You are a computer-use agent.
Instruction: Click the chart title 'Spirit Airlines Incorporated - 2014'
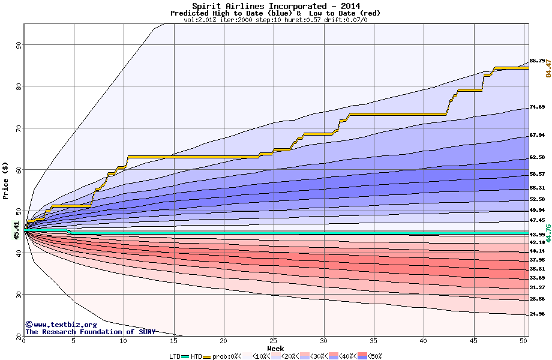pos(275,6)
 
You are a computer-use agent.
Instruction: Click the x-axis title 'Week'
pos(275,349)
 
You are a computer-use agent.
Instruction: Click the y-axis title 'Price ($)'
pos(6,180)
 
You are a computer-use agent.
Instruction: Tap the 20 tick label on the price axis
pos(19,335)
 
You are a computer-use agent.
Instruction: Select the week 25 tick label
pos(274,341)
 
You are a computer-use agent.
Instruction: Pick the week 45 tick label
pos(473,341)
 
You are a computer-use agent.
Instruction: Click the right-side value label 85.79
pos(537,61)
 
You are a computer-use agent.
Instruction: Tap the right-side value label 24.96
pos(537,314)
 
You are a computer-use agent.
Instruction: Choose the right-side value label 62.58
pos(537,157)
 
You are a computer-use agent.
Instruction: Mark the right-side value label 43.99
pos(537,234)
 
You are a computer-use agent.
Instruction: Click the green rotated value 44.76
pos(548,232)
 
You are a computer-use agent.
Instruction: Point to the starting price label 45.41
pos(17,230)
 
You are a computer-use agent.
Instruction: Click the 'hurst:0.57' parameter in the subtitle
pos(304,20)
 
